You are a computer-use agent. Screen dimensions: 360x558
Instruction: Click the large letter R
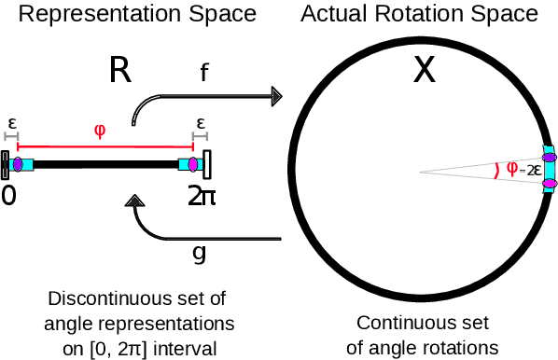coord(119,70)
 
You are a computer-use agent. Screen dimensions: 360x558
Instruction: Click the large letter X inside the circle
coord(425,70)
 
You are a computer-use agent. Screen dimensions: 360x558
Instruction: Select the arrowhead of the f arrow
coord(276,95)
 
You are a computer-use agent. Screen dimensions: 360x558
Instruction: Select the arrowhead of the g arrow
coord(135,201)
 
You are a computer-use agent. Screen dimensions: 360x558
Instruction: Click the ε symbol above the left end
coord(12,122)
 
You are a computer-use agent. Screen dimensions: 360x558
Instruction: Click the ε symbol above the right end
coord(201,122)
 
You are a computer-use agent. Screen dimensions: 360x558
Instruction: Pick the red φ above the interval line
coord(100,130)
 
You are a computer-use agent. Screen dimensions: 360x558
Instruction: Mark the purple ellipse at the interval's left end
coord(18,165)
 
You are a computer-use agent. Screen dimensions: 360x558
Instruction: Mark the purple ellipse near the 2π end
coord(192,165)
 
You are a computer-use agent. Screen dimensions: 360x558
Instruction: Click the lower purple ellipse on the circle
coord(550,185)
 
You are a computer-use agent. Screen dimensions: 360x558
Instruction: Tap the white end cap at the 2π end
coord(207,165)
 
